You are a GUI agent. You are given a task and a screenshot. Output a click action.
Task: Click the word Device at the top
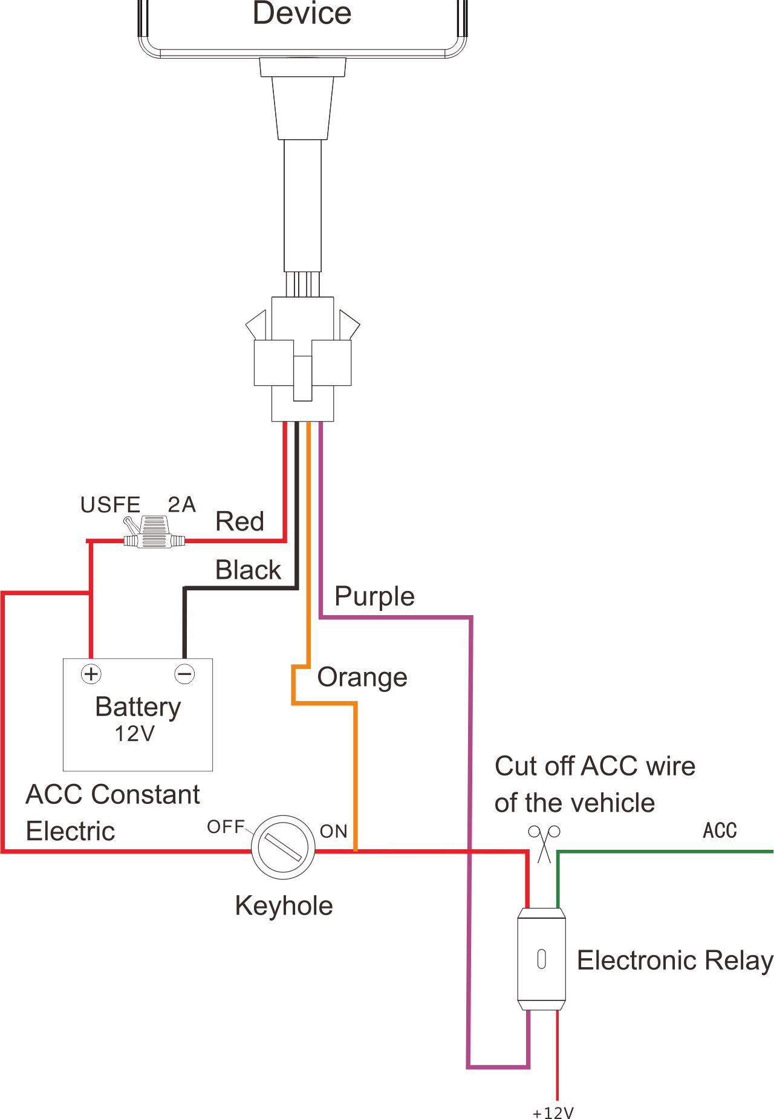[302, 13]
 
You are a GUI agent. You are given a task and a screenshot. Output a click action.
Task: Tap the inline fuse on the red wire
[154, 533]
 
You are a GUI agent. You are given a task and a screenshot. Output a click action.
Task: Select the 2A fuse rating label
[181, 504]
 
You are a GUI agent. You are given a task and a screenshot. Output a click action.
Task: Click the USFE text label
[110, 505]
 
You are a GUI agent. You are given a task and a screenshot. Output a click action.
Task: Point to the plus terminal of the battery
[91, 674]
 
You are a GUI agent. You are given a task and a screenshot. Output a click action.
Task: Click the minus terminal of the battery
[184, 674]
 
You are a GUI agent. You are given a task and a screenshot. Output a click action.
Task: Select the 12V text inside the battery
[135, 734]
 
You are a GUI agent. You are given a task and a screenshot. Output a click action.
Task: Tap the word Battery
[138, 706]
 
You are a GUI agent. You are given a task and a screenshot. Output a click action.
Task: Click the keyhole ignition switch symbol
[283, 847]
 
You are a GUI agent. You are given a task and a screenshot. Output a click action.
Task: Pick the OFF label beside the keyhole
[226, 827]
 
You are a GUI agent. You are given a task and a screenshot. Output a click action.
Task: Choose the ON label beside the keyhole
[334, 832]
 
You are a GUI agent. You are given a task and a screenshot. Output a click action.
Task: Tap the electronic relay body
[541, 959]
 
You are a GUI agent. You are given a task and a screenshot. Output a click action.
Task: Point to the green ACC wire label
[720, 830]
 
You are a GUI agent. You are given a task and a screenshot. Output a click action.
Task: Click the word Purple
[374, 596]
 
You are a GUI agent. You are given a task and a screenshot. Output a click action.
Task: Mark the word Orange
[362, 677]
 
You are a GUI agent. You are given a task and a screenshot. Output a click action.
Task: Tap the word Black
[248, 570]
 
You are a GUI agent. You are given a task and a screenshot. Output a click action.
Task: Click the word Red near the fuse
[239, 521]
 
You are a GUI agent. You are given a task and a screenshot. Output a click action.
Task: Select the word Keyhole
[284, 906]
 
